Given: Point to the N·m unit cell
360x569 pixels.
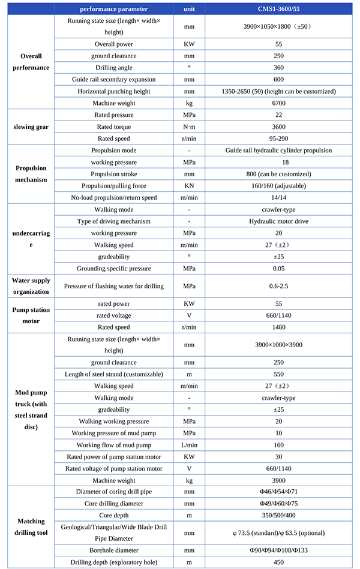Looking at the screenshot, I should (x=189, y=127).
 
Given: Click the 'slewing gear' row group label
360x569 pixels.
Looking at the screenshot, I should (x=31, y=127).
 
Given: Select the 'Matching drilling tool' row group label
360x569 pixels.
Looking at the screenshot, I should (x=31, y=527).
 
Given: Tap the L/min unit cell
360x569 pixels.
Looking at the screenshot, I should (x=189, y=445).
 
